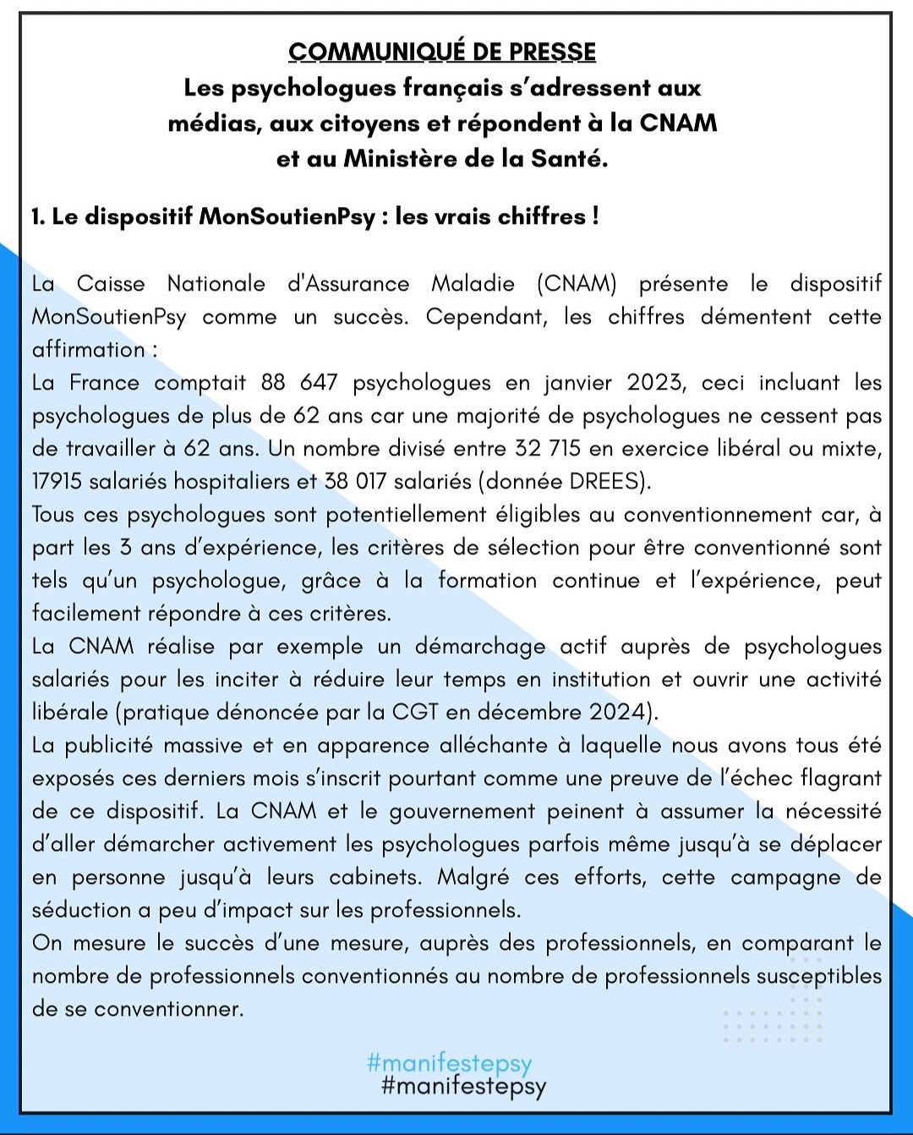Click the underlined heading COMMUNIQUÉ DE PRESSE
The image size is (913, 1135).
pyautogui.click(x=442, y=52)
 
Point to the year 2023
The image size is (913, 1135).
pyautogui.click(x=653, y=383)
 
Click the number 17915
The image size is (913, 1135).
pyautogui.click(x=57, y=482)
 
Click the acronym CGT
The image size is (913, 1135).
pyautogui.click(x=415, y=712)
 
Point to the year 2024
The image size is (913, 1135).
pyautogui.click(x=619, y=712)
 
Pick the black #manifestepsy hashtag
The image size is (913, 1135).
pyautogui.click(x=464, y=1086)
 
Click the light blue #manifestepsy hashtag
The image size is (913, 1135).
pyautogui.click(x=450, y=1062)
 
